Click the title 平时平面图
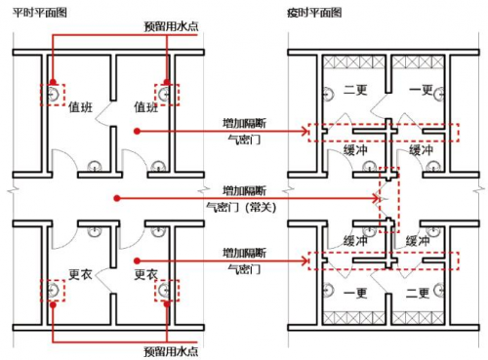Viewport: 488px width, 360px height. point(40,13)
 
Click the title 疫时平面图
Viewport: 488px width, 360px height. point(314,13)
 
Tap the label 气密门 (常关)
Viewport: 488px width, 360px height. point(241,207)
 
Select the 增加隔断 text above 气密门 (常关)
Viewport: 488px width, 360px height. point(244,190)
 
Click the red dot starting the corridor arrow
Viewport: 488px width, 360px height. point(117,198)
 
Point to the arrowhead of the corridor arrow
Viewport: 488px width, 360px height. point(378,198)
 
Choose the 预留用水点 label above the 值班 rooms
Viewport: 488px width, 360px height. point(171,26)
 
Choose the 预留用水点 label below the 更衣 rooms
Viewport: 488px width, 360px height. point(171,351)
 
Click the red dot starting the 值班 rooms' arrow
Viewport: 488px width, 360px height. point(137,131)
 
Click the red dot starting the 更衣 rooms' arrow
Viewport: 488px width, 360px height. point(137,260)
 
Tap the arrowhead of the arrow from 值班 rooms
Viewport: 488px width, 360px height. point(305,132)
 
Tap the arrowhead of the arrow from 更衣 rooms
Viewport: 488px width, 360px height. point(305,260)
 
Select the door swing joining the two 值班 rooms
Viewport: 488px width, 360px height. point(103,113)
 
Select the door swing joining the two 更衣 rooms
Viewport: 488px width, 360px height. point(104,281)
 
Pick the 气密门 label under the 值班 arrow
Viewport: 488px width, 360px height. point(244,140)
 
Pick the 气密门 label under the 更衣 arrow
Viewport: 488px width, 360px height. point(244,269)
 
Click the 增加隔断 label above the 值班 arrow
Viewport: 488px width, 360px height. point(244,124)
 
